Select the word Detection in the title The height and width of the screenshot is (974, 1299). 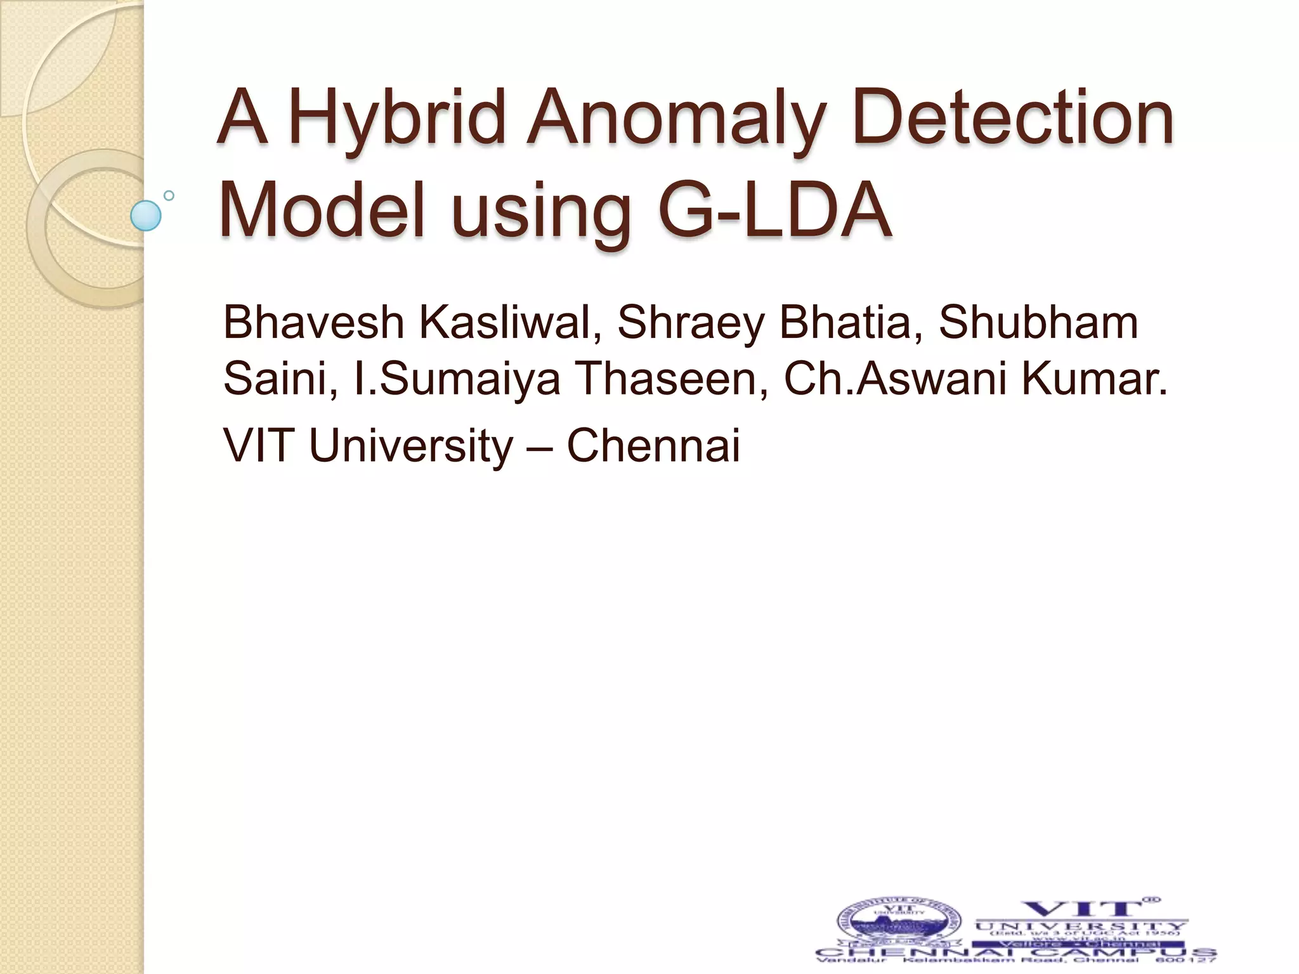coord(1014,118)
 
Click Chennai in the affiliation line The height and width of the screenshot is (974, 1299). coord(653,445)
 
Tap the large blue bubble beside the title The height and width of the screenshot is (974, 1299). coord(146,216)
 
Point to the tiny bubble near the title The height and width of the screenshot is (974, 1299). coord(169,195)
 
